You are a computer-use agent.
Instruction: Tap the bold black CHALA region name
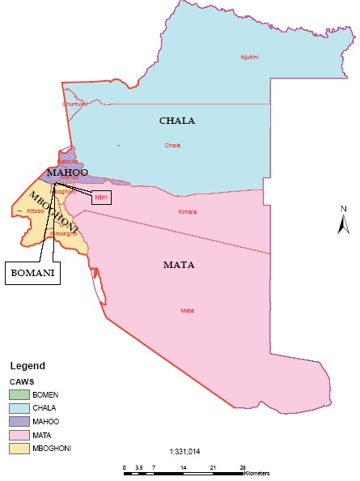[x=176, y=121]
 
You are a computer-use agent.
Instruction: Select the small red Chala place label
[x=172, y=146]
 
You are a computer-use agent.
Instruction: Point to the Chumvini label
[x=74, y=104]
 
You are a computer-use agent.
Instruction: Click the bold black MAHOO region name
[x=66, y=172]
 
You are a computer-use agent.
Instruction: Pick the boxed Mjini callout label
[x=101, y=197]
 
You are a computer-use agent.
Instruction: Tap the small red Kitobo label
[x=36, y=211]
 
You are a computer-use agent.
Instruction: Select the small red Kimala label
[x=187, y=212]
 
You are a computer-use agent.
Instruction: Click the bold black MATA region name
[x=179, y=265]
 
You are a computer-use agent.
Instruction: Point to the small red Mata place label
[x=187, y=310]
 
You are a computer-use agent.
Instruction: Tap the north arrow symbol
[x=343, y=221]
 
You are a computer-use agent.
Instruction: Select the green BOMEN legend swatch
[x=20, y=394]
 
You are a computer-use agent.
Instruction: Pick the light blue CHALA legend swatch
[x=20, y=408]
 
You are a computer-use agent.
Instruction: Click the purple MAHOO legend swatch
[x=20, y=421]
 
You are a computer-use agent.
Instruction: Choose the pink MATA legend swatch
[x=20, y=435]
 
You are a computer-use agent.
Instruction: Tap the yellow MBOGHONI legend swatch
[x=20, y=448]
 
